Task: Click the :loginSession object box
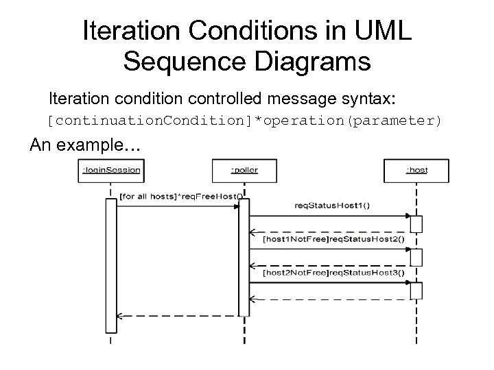112,170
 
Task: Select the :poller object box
245,170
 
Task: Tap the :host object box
416,170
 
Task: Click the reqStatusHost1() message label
331,205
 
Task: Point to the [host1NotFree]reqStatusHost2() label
333,241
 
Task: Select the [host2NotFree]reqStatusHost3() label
333,273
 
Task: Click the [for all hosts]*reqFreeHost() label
180,196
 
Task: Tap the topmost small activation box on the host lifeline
416,224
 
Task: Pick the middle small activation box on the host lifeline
416,257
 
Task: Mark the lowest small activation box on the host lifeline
416,291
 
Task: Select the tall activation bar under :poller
244,257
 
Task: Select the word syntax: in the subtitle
370,98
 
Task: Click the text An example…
84,146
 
